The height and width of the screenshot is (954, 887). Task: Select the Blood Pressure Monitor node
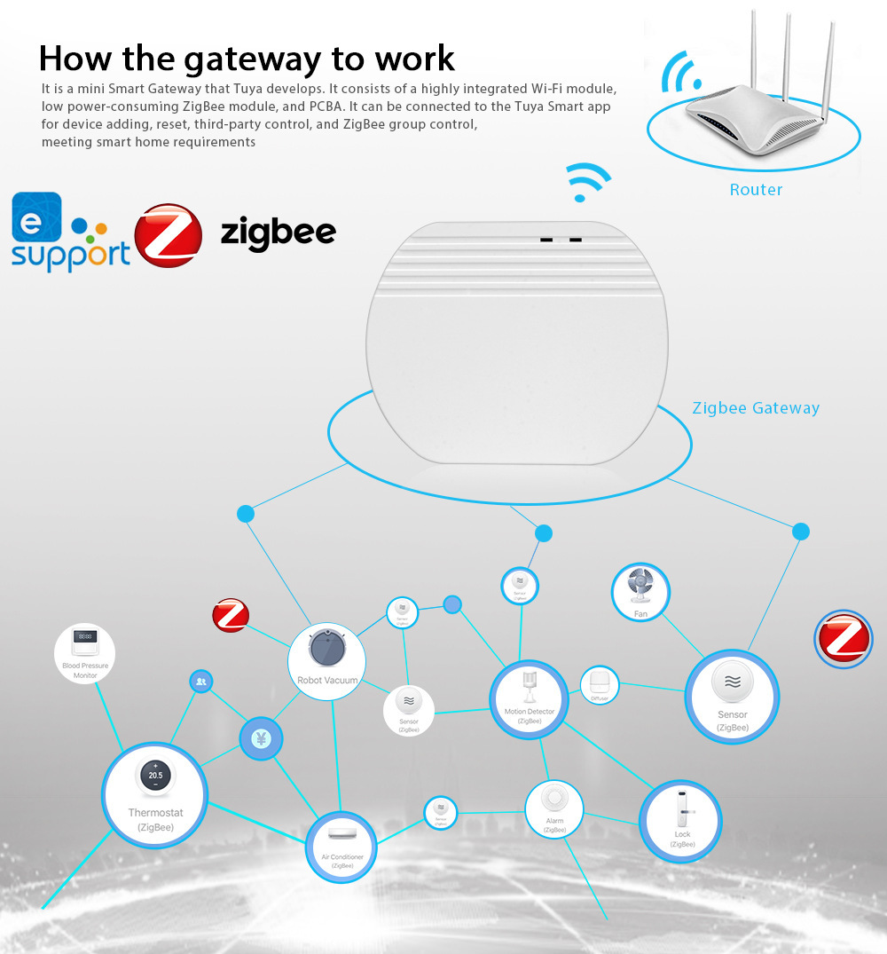[x=85, y=653]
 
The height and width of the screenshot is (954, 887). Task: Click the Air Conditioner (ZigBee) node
[x=341, y=847]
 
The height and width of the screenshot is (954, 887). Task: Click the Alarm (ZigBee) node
[x=554, y=808]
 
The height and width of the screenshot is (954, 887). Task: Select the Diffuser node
[x=600, y=685]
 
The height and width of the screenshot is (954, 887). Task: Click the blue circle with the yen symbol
[x=261, y=738]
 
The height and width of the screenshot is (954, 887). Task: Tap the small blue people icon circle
[x=201, y=682]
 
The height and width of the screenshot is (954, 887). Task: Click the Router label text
[x=756, y=189]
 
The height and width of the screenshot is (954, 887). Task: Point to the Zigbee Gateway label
[x=756, y=408]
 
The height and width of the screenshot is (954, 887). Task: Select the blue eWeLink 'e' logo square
[x=37, y=217]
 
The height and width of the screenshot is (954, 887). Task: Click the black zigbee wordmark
[x=278, y=233]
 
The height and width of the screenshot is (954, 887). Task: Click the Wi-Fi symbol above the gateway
[x=588, y=181]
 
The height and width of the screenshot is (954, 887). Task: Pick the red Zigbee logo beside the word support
[x=168, y=236]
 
